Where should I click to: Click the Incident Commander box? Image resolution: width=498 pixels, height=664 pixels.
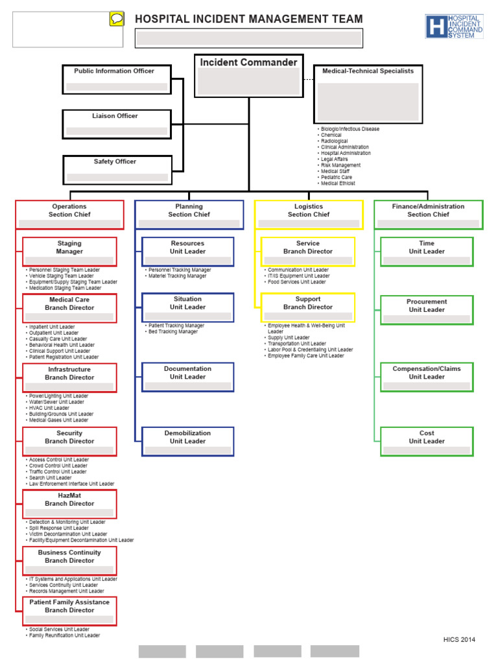click(248, 75)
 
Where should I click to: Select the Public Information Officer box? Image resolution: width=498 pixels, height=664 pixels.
click(117, 78)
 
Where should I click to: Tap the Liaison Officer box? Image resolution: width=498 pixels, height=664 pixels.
click(117, 123)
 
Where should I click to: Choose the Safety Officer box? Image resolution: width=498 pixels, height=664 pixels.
click(117, 169)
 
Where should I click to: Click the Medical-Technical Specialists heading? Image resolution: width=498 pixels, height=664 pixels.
click(368, 71)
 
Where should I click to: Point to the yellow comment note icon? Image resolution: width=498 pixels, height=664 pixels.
click(117, 19)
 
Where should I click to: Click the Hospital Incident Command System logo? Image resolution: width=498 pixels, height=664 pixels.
click(455, 27)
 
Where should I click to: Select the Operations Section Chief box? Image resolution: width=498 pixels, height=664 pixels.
click(69, 215)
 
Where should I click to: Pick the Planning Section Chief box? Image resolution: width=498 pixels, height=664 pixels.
click(189, 215)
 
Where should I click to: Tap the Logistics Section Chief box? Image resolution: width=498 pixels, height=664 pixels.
click(309, 215)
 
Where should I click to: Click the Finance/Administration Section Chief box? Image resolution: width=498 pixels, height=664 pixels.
click(429, 215)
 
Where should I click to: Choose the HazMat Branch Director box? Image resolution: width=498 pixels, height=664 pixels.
click(69, 504)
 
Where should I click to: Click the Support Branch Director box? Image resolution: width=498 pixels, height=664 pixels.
click(308, 307)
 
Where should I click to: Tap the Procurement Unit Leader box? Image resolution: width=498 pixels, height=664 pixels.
click(427, 310)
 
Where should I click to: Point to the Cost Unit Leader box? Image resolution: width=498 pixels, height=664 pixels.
click(427, 441)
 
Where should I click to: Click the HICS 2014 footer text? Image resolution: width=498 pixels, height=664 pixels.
click(459, 640)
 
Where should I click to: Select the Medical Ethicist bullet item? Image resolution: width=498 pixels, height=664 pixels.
click(338, 184)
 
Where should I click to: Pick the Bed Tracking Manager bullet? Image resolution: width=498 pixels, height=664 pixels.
click(173, 332)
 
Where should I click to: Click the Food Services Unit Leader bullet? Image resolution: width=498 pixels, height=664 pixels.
click(296, 282)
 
